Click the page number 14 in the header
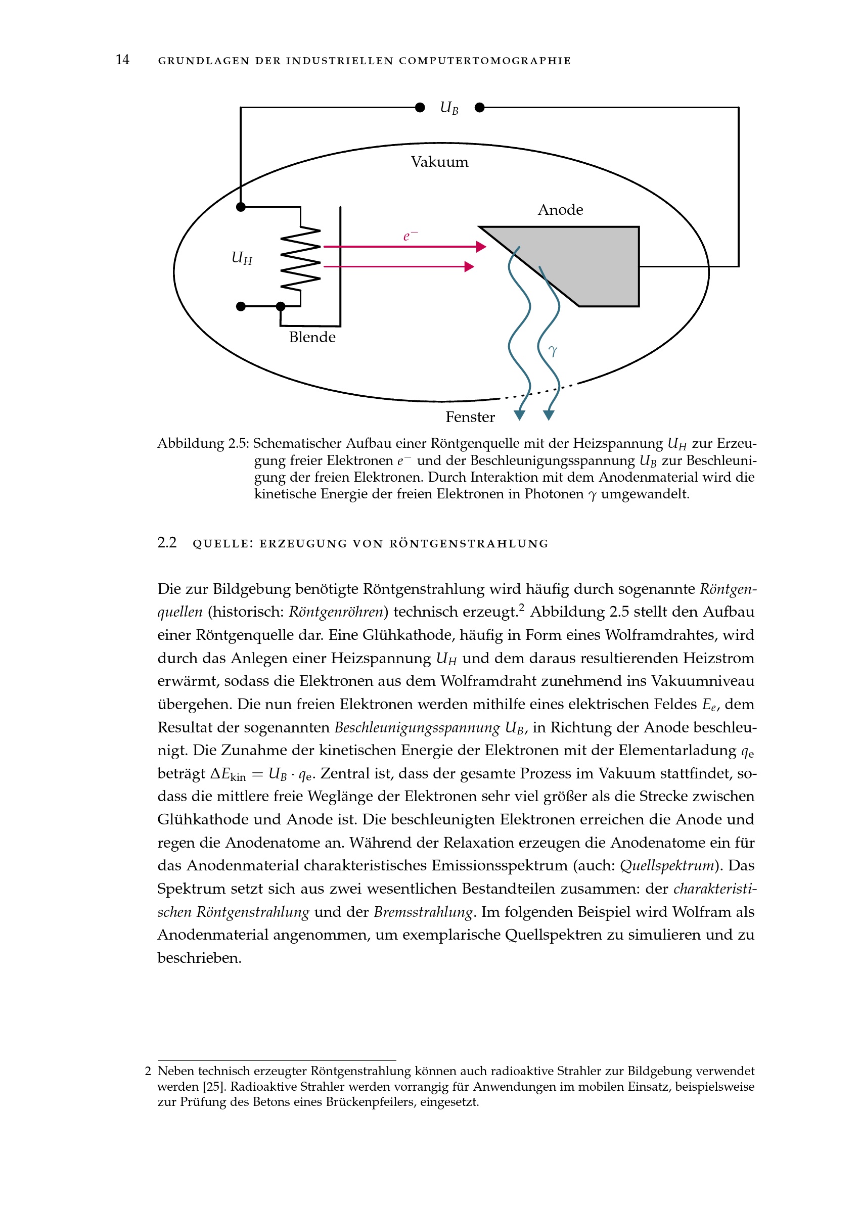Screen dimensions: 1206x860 (122, 60)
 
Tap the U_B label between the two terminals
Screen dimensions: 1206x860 (449, 108)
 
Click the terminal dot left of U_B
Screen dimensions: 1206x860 (420, 108)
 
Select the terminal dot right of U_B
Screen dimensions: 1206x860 (480, 108)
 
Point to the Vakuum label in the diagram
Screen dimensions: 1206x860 (439, 162)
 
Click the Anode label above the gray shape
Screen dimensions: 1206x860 (560, 210)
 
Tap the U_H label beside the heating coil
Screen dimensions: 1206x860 (242, 258)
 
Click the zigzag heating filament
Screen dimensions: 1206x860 (301, 258)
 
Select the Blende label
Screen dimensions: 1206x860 (312, 338)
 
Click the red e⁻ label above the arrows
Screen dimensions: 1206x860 (410, 236)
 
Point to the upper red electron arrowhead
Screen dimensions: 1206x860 (481, 247)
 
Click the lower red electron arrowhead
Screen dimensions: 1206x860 (469, 267)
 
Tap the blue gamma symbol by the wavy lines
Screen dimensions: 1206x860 (553, 351)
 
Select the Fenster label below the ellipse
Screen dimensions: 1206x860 (470, 418)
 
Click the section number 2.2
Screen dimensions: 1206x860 (167, 543)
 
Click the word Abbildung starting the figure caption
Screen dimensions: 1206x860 (191, 444)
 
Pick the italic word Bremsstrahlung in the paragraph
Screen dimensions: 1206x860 (423, 912)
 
